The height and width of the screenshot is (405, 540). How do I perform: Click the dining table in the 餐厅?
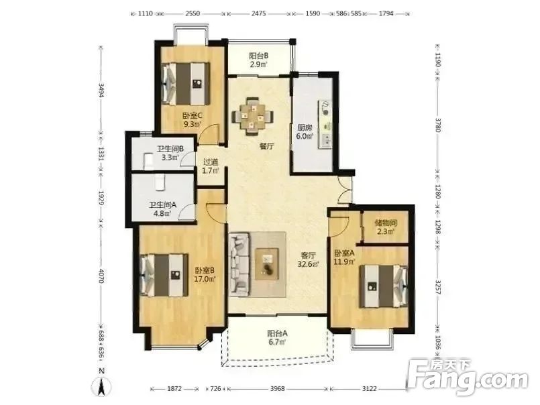(253, 117)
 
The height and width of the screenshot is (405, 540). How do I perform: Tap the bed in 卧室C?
(186, 83)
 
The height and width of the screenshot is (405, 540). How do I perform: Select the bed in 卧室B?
(164, 275)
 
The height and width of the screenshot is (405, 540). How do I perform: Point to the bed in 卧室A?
(384, 286)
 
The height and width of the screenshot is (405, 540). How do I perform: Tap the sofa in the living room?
(239, 264)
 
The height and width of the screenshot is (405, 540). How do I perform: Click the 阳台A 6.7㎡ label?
(277, 337)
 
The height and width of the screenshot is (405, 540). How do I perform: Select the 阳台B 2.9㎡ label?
(258, 60)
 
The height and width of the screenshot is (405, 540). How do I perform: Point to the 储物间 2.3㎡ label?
(386, 227)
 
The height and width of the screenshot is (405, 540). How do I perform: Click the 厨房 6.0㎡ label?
(305, 131)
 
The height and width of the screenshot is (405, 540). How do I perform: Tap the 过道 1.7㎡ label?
(211, 166)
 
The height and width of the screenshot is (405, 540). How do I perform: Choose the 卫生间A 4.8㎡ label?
(162, 209)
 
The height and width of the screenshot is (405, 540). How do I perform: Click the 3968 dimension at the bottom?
(277, 388)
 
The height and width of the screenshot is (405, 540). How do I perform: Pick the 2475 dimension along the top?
(259, 14)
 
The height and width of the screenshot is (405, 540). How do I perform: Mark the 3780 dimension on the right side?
(438, 125)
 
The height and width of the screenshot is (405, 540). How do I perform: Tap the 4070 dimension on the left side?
(101, 276)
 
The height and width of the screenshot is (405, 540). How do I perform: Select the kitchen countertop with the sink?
(325, 124)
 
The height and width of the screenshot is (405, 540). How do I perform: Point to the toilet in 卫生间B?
(148, 162)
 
